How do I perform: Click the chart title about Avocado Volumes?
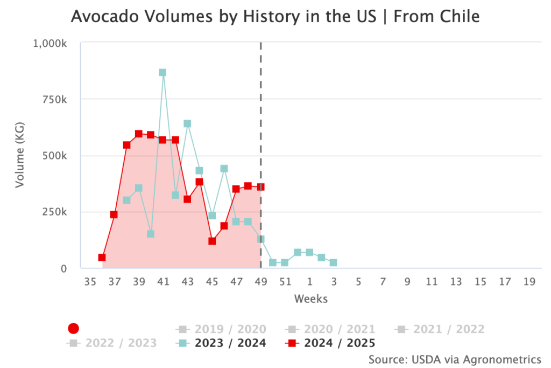[x=275, y=17]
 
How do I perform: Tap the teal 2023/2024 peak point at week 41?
[x=163, y=72]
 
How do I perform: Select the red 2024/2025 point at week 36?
[x=102, y=258]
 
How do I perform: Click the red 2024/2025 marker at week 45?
[x=212, y=241]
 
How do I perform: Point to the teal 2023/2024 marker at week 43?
[x=187, y=123]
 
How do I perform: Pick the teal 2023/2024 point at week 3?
[x=334, y=262]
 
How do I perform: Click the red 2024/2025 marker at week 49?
[x=260, y=187]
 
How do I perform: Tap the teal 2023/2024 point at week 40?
[x=151, y=234]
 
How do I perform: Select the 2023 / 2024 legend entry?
[x=221, y=343]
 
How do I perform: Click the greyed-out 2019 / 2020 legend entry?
[x=221, y=329]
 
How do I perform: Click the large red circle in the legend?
[x=74, y=329]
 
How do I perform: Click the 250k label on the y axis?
[x=55, y=212]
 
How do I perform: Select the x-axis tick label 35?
[x=89, y=282]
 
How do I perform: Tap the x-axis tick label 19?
[x=529, y=282]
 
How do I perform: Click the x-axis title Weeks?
[x=310, y=298]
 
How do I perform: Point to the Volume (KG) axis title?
[x=20, y=156]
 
